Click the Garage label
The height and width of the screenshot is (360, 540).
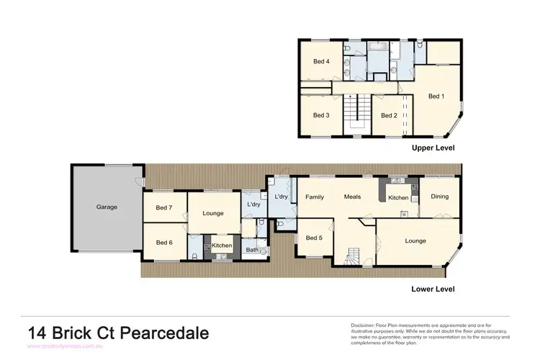tap(107, 207)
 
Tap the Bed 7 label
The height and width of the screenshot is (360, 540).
tap(164, 208)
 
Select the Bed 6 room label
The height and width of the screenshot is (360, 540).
tap(164, 243)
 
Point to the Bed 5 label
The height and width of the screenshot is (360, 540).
tap(314, 238)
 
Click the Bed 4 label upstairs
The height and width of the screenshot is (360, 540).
tap(321, 61)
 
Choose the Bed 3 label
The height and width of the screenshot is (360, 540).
tap(321, 115)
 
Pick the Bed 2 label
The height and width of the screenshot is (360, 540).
tap(389, 115)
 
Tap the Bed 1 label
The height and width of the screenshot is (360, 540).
tap(436, 96)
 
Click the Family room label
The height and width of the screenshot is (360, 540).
tap(315, 197)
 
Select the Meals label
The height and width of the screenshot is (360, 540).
tap(352, 197)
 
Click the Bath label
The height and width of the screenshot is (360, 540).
tap(252, 250)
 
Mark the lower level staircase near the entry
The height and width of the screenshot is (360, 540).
tap(354, 256)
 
